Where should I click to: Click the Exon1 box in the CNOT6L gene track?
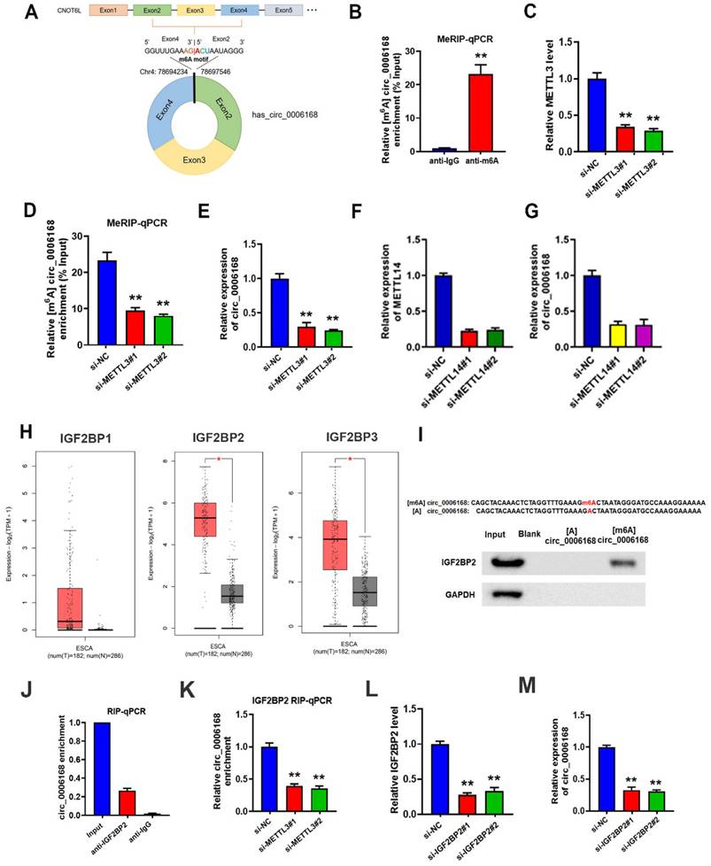[108, 12]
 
